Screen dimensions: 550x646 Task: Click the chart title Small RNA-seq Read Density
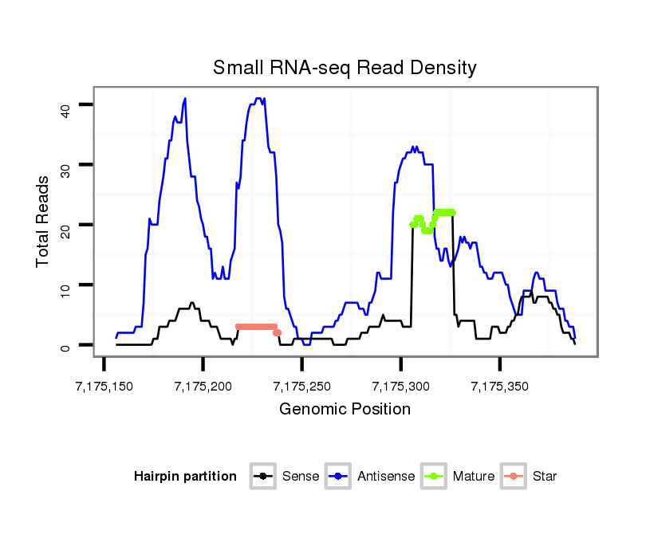(x=345, y=68)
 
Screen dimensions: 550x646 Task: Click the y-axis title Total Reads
(x=45, y=221)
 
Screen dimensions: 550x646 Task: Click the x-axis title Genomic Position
(x=345, y=410)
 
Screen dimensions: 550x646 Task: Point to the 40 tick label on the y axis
(x=65, y=105)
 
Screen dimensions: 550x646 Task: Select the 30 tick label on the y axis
(x=65, y=165)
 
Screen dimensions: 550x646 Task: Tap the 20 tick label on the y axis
(x=65, y=226)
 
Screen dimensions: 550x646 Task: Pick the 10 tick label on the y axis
(x=65, y=285)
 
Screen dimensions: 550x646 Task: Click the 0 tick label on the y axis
(x=65, y=346)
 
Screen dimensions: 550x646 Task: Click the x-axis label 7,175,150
(x=104, y=387)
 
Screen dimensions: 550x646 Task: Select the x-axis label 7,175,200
(x=203, y=387)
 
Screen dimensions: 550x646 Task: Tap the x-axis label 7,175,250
(x=302, y=387)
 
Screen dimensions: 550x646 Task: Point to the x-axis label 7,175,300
(x=401, y=387)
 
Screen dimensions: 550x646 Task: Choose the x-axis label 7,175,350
(x=500, y=387)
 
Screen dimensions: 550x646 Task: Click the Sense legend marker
(x=262, y=477)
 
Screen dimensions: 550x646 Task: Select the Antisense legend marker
(x=338, y=477)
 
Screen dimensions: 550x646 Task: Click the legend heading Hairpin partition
(x=185, y=477)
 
